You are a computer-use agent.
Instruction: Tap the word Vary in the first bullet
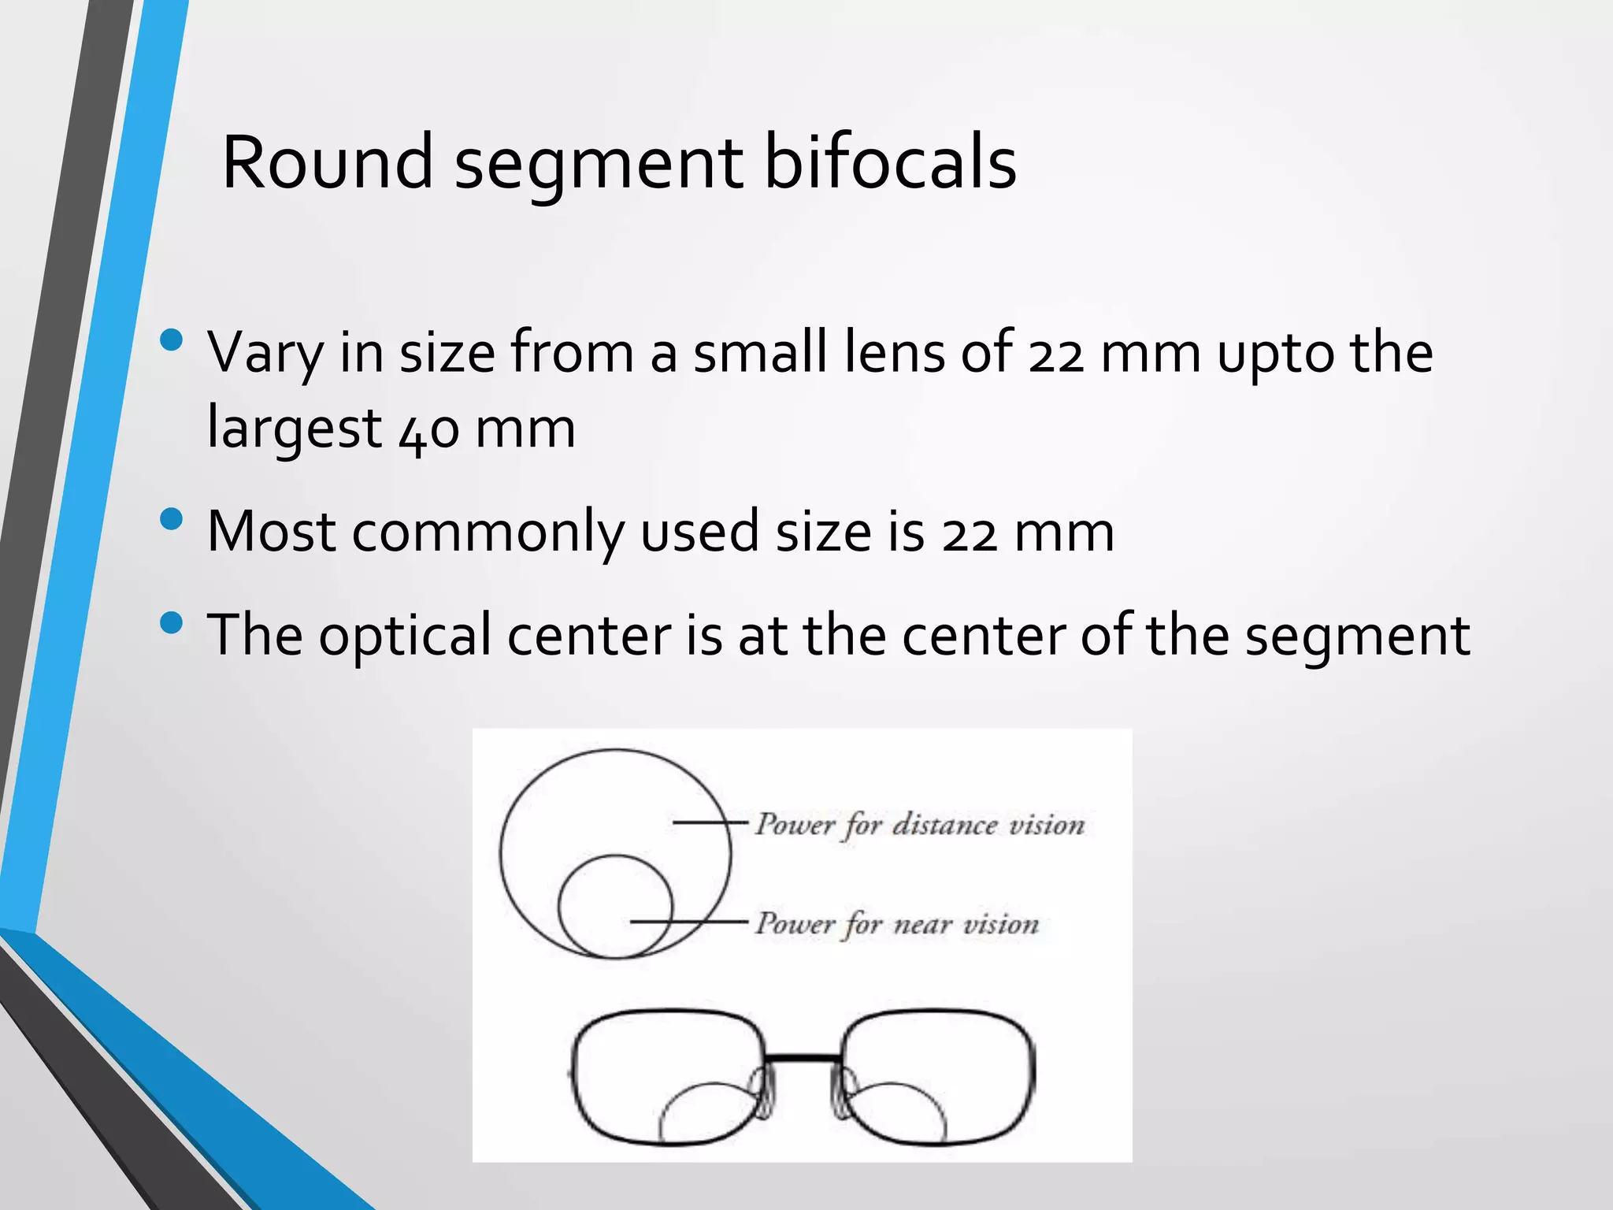click(x=265, y=353)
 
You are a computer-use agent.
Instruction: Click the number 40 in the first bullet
click(x=429, y=430)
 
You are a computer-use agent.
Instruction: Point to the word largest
click(x=294, y=430)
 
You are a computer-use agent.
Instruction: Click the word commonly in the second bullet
click(x=488, y=532)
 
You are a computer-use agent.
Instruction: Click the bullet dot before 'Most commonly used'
click(x=171, y=519)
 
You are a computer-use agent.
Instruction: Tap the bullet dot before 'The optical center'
click(x=171, y=623)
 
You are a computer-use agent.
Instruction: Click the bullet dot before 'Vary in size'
click(x=171, y=340)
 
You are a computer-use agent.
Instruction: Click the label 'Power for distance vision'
click(x=920, y=825)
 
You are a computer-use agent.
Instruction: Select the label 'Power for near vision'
click(x=897, y=923)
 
